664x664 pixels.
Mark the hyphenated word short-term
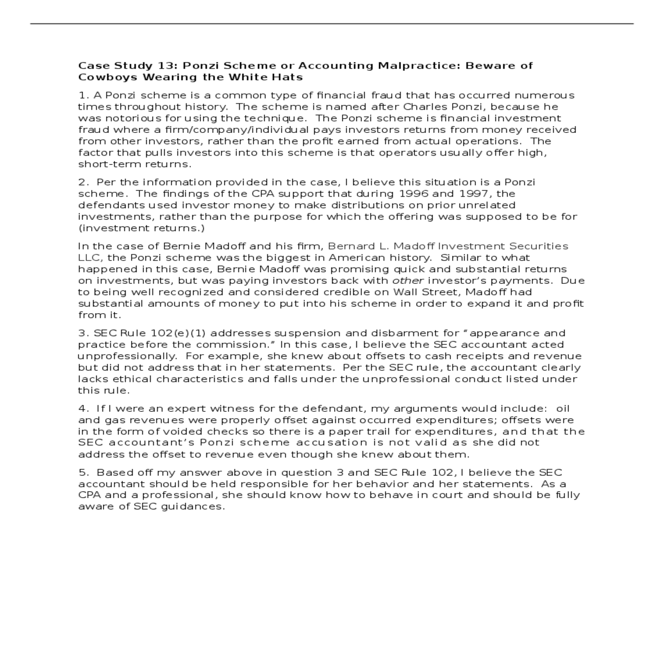(x=110, y=164)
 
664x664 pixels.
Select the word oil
(x=563, y=409)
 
